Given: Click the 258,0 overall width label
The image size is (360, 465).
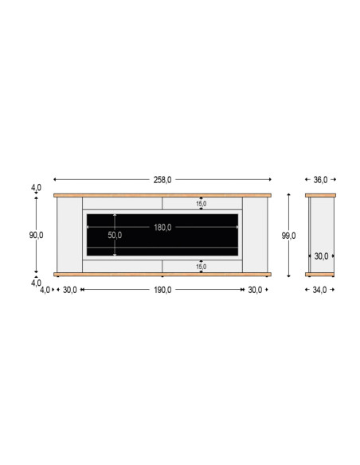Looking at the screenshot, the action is click(x=162, y=180).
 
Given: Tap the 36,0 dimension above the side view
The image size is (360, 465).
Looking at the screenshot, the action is click(x=320, y=180).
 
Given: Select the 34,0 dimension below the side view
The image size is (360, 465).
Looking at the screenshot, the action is click(x=319, y=290).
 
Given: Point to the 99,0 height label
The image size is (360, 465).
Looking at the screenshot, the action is click(x=288, y=236).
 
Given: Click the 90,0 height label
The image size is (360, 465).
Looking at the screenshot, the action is click(x=36, y=235).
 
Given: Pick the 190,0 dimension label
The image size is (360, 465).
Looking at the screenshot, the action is click(x=162, y=290).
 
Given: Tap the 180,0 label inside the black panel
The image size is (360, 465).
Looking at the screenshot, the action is click(x=162, y=228).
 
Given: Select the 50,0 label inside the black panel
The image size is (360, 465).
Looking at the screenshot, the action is click(x=115, y=235).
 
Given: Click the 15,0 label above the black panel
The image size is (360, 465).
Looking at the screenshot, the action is click(x=201, y=204).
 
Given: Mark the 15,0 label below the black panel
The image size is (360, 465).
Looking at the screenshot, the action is click(x=201, y=267).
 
